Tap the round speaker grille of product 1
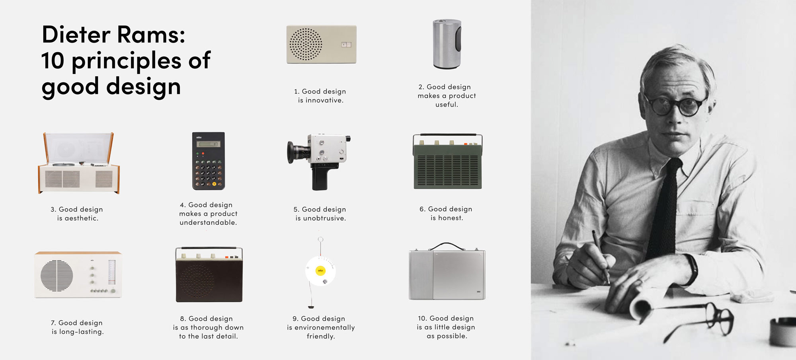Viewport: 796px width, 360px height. point(306,44)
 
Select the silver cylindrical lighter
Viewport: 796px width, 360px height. point(447,44)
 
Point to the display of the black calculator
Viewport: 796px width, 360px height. point(208,144)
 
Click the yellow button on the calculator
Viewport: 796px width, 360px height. point(214,184)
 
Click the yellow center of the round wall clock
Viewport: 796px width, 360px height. point(320,271)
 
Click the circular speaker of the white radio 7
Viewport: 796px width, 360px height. point(57,276)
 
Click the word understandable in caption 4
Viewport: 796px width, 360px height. point(208,223)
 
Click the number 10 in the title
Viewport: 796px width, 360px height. point(53,61)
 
